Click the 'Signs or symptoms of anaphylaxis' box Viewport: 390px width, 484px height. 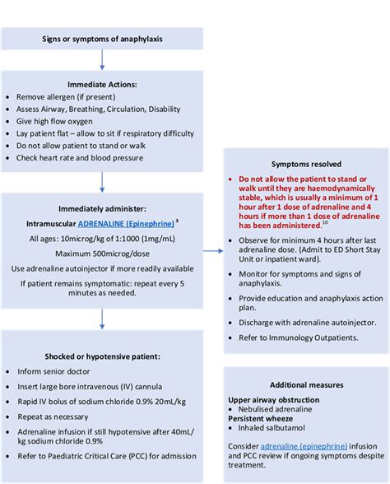click(x=101, y=38)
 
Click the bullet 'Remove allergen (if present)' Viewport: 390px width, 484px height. click(x=75, y=95)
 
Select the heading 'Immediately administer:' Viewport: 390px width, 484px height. click(x=101, y=208)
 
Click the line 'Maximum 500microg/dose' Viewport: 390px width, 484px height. click(x=101, y=254)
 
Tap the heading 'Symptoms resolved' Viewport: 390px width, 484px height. click(x=305, y=164)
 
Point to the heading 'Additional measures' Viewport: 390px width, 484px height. click(x=305, y=384)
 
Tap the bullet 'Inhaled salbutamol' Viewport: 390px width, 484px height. click(x=279, y=430)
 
